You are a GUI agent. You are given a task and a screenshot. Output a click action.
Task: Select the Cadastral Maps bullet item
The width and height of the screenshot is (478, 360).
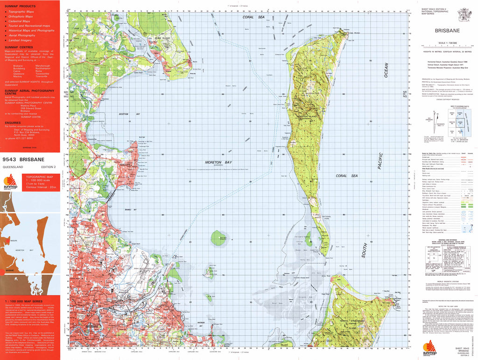(x=20, y=21)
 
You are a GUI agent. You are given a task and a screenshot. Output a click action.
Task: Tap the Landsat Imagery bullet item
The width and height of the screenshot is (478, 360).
(x=21, y=40)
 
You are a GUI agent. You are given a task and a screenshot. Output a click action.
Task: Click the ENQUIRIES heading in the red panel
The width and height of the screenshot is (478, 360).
(x=13, y=123)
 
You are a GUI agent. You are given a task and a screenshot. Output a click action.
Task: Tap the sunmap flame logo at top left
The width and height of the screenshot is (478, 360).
(x=10, y=181)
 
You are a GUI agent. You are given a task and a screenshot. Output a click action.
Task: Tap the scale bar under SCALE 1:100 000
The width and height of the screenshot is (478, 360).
(x=447, y=45)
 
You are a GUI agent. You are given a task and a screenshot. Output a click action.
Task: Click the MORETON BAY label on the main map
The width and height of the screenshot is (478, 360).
(x=218, y=162)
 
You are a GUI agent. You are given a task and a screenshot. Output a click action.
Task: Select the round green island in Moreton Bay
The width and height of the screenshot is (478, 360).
(x=218, y=238)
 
